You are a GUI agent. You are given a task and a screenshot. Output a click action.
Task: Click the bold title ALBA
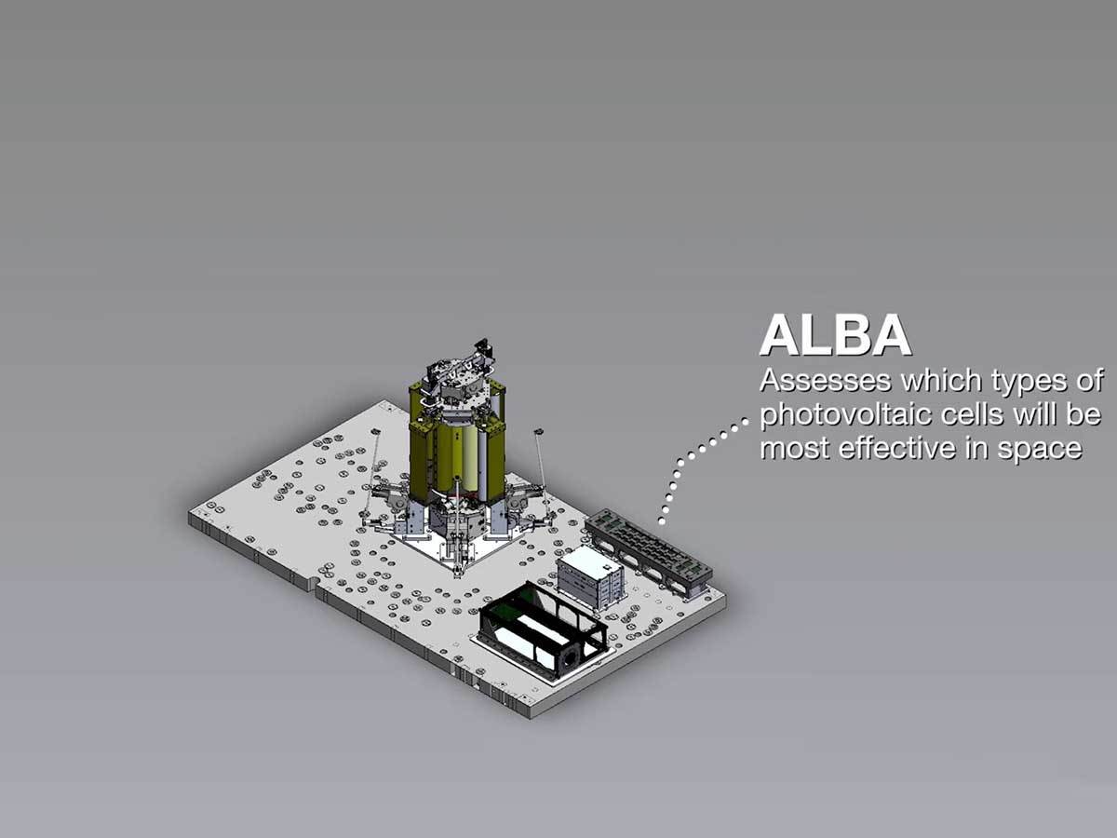tap(835, 336)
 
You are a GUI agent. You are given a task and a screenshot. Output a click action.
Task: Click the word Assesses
tap(826, 381)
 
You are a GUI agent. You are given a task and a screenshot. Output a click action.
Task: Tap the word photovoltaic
tap(846, 415)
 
